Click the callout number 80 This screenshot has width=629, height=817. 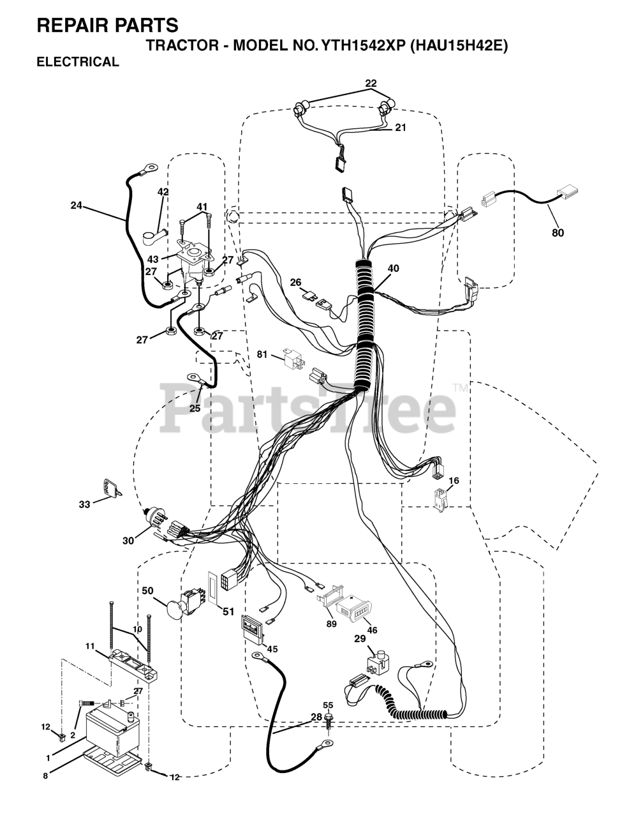click(x=558, y=233)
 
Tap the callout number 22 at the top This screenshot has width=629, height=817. click(x=371, y=83)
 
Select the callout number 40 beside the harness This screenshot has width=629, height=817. click(x=393, y=269)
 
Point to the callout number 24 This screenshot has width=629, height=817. click(x=77, y=205)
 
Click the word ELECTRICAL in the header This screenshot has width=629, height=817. click(x=78, y=62)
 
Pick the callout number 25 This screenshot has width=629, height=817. click(x=194, y=408)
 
